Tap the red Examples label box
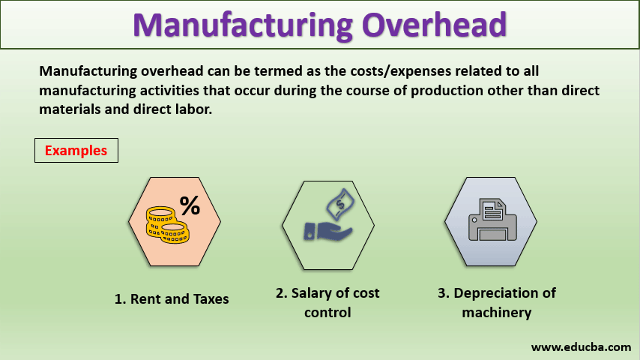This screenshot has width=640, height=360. click(76, 150)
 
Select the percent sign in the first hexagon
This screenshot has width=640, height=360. click(190, 205)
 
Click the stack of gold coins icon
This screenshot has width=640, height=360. click(166, 225)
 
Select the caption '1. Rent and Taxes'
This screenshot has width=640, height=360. click(172, 298)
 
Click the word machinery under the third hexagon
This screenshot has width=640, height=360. click(496, 312)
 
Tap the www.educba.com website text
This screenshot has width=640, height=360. click(581, 346)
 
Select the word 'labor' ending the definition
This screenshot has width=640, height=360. click(191, 109)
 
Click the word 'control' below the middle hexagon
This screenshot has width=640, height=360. click(327, 312)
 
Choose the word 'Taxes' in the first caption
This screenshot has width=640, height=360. click(210, 298)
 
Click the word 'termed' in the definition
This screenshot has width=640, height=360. click(244, 71)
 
